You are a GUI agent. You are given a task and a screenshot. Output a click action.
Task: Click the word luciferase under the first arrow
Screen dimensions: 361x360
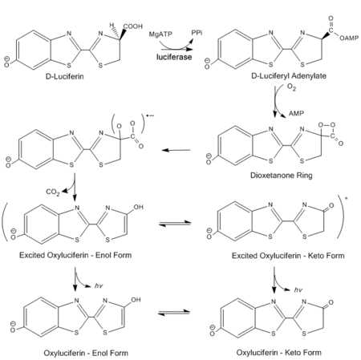(x=174, y=57)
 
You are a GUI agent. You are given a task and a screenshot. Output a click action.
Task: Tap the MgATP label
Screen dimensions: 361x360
(x=160, y=34)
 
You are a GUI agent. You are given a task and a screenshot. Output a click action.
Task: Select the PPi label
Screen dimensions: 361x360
(x=197, y=33)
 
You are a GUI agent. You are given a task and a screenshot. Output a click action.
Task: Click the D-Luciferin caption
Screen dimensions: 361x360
(x=65, y=76)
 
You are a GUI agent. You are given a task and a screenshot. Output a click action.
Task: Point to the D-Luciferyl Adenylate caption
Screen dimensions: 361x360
(x=289, y=76)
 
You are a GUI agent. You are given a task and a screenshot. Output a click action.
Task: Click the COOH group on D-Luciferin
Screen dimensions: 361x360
(x=133, y=26)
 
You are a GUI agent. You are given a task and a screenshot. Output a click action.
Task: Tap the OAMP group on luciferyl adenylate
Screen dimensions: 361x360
(x=349, y=38)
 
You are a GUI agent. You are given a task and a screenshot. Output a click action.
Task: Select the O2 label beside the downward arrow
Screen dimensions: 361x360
(x=291, y=87)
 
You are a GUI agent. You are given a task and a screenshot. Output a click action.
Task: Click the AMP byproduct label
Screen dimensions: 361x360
(x=296, y=113)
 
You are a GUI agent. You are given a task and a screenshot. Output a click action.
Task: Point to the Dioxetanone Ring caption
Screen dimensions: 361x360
(x=282, y=176)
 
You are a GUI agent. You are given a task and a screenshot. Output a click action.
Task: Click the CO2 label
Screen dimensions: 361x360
(x=53, y=192)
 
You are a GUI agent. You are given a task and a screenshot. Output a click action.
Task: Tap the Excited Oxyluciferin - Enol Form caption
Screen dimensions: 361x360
(x=75, y=255)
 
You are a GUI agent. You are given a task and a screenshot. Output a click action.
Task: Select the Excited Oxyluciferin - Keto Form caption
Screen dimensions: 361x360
(x=288, y=256)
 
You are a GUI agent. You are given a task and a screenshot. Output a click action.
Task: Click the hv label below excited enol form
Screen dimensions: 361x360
(x=99, y=286)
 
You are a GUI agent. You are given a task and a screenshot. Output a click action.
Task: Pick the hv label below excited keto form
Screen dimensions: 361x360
(x=298, y=290)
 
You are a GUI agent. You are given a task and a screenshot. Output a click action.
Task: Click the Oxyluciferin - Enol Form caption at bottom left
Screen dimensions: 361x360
(x=86, y=353)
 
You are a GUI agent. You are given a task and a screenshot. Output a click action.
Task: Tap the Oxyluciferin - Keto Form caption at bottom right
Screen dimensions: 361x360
(x=279, y=353)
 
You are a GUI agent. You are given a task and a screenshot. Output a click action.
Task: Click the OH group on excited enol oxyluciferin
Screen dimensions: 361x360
(x=139, y=207)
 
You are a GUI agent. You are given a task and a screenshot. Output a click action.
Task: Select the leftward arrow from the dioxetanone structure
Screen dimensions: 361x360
(x=176, y=150)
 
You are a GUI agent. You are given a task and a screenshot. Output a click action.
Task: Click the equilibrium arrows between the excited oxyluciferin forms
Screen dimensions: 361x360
(x=175, y=224)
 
